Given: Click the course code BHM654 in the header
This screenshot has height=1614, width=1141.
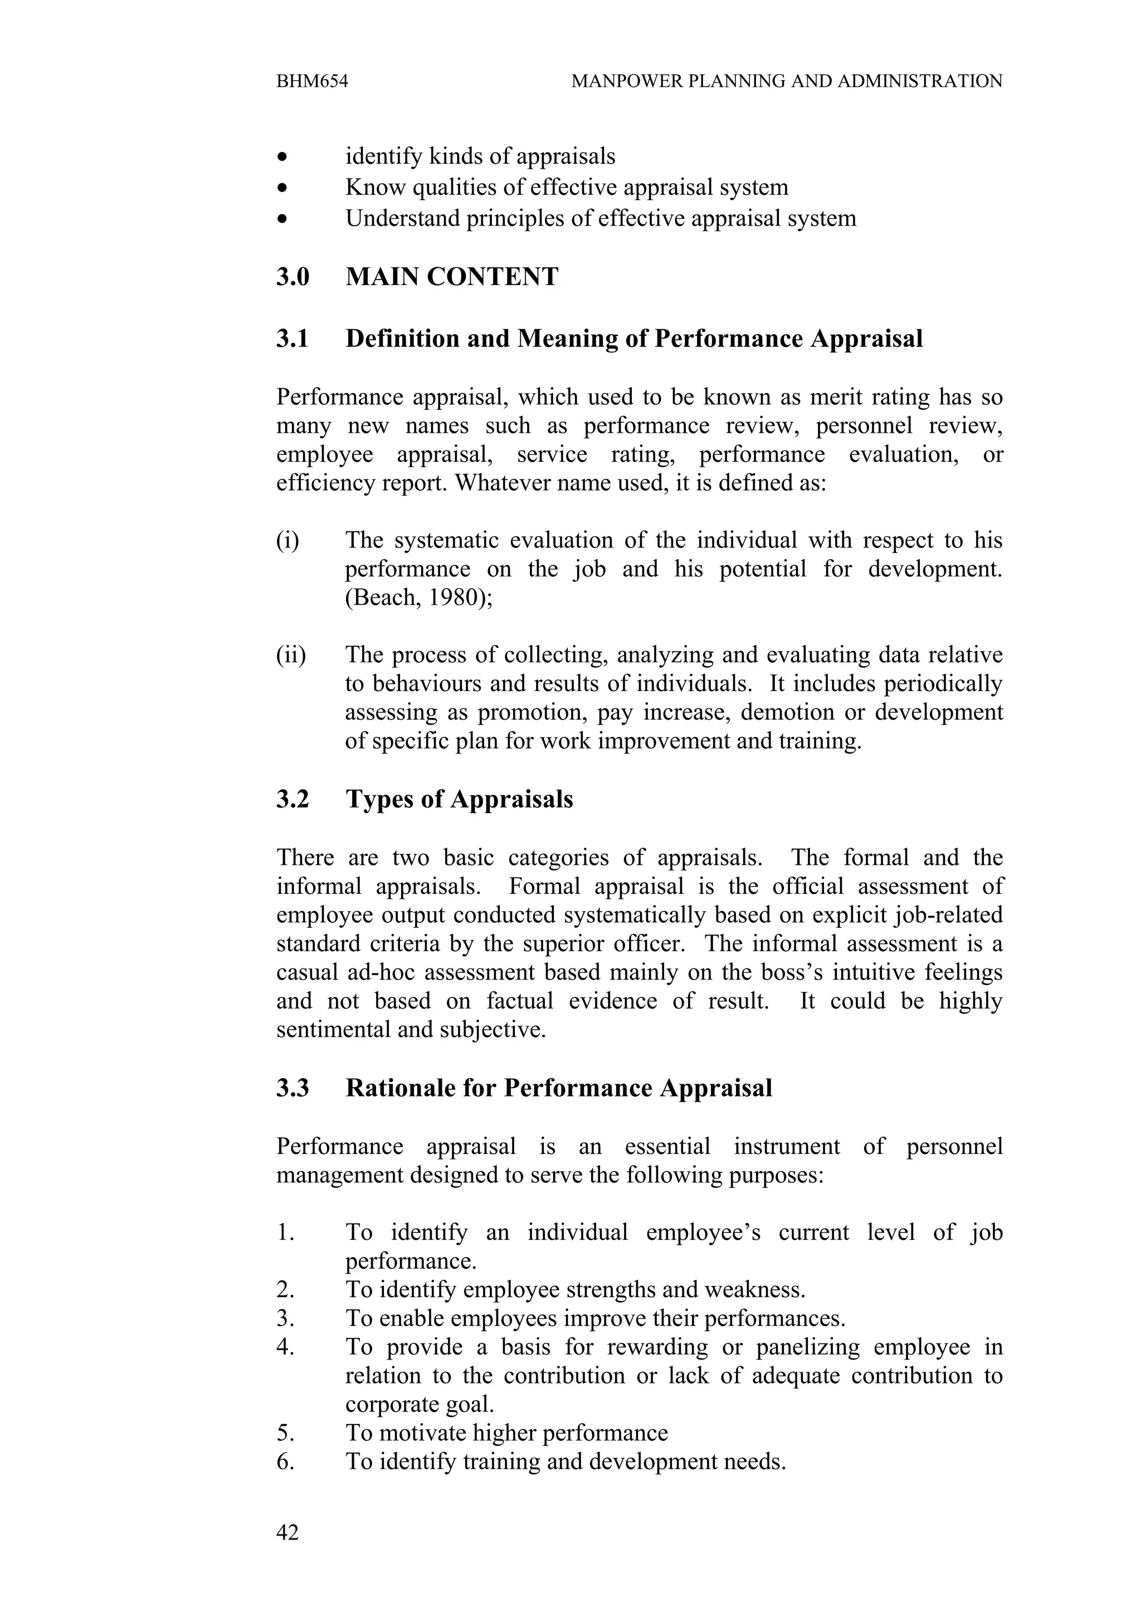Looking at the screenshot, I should click(x=312, y=81).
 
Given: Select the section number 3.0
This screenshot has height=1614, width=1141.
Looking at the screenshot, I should click(x=292, y=277).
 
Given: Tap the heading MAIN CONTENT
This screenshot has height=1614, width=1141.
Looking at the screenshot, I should click(x=452, y=277).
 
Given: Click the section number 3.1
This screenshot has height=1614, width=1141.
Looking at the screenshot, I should click(x=292, y=339).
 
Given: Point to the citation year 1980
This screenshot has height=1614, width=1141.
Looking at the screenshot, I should click(x=451, y=598).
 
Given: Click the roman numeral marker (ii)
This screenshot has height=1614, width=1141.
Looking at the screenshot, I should click(x=291, y=655).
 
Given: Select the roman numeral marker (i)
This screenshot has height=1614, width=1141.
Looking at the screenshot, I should click(x=287, y=541).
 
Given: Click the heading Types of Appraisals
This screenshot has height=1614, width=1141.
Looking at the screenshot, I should click(x=459, y=799).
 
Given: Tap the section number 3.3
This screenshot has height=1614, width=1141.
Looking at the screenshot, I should click(x=292, y=1088).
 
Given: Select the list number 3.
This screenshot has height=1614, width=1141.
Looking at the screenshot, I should click(x=285, y=1319).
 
